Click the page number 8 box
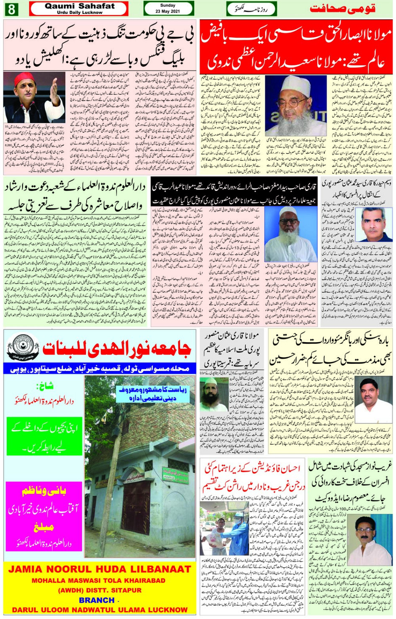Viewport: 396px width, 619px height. click(x=11, y=9)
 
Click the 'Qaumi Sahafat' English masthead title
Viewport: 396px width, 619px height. click(x=79, y=6)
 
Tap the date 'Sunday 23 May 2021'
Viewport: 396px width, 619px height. click(x=168, y=8)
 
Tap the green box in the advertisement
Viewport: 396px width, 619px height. click(x=44, y=436)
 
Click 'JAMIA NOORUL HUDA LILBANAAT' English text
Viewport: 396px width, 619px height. click(x=99, y=569)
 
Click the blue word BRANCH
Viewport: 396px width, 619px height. click(x=97, y=600)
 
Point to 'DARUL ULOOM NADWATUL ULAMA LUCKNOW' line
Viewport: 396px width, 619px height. click(x=100, y=610)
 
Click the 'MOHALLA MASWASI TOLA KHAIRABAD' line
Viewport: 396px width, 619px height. click(x=99, y=580)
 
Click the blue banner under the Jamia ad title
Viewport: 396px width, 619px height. click(x=99, y=369)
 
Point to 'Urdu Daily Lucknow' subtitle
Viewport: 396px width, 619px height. click(x=80, y=13)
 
